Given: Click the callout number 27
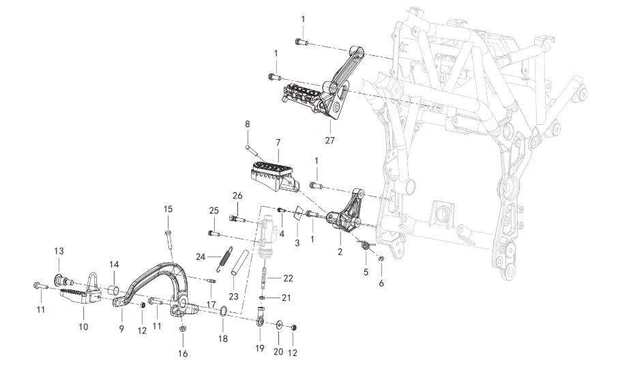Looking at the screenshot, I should pyautogui.click(x=330, y=141).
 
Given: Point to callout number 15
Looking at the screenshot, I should pyautogui.click(x=168, y=209).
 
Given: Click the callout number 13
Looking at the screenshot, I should pyautogui.click(x=59, y=252).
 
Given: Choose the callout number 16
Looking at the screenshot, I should pyautogui.click(x=182, y=353).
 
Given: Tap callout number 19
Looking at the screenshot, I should pyautogui.click(x=259, y=348).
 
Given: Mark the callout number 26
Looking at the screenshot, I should pyautogui.click(x=237, y=196).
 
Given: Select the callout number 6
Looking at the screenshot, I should pyautogui.click(x=381, y=283).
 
